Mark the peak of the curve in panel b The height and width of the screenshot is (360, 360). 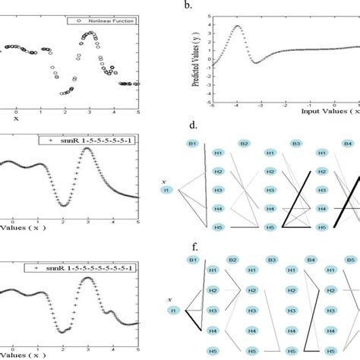point(237,27)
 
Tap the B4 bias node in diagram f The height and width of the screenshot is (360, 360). point(311,261)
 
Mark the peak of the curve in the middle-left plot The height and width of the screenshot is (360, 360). point(88,149)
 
